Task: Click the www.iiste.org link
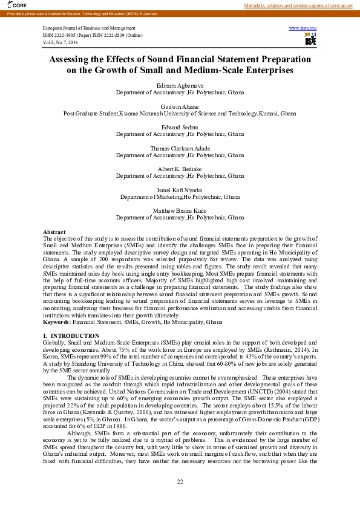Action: (x=303, y=28)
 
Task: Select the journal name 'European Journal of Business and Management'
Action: (x=89, y=28)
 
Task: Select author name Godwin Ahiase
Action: (x=180, y=107)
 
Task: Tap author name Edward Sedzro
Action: (x=180, y=127)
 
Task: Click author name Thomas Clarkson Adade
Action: (x=180, y=148)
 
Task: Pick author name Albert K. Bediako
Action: (x=180, y=169)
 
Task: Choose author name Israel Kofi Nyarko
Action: (x=180, y=190)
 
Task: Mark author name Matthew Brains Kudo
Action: (x=180, y=210)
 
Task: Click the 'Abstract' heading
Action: (x=54, y=232)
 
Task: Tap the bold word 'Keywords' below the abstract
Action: (x=56, y=323)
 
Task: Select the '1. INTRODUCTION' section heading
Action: (x=71, y=336)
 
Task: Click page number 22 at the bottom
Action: (x=180, y=481)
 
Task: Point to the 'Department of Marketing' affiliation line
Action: (x=180, y=196)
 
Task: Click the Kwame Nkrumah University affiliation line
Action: (x=180, y=113)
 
